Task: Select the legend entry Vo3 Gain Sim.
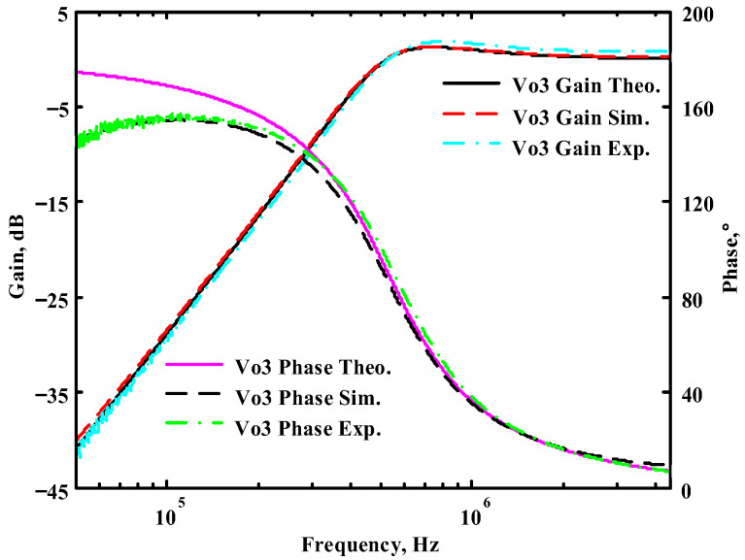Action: pos(583,117)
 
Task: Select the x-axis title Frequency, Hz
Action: pos(372,544)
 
